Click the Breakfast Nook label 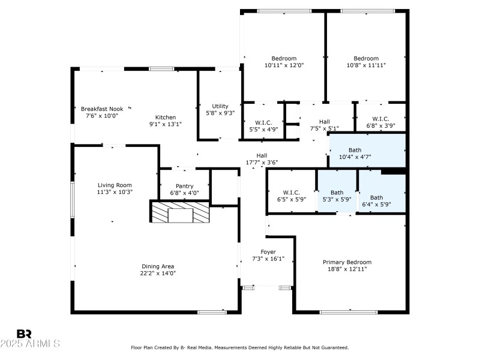pyautogui.click(x=102, y=109)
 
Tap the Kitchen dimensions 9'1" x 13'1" pyautogui.click(x=165, y=124)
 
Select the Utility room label pyautogui.click(x=220, y=106)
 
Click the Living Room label pyautogui.click(x=115, y=185)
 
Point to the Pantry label pyautogui.click(x=184, y=186)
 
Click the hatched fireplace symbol pyautogui.click(x=180, y=213)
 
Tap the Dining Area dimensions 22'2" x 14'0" pyautogui.click(x=158, y=273)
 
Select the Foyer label pyautogui.click(x=268, y=251)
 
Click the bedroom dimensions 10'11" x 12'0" pyautogui.click(x=284, y=65)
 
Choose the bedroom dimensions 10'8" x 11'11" pyautogui.click(x=365, y=65)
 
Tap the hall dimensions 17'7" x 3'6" pyautogui.click(x=262, y=162)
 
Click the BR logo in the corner pyautogui.click(x=24, y=334)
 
